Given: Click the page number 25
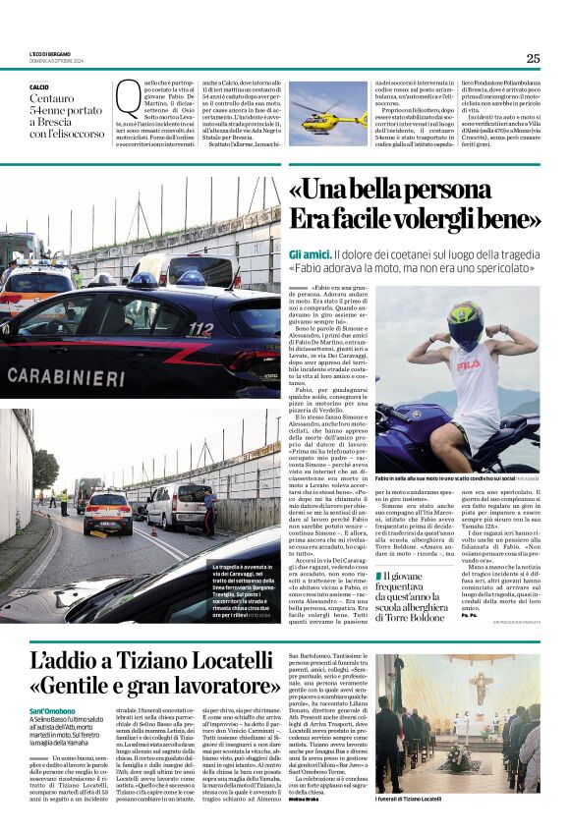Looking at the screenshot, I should [533, 58].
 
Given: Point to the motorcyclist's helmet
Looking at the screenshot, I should [494, 324].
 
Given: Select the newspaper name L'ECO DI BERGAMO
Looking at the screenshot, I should [54, 53].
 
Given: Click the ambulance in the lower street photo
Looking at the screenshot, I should [107, 511].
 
